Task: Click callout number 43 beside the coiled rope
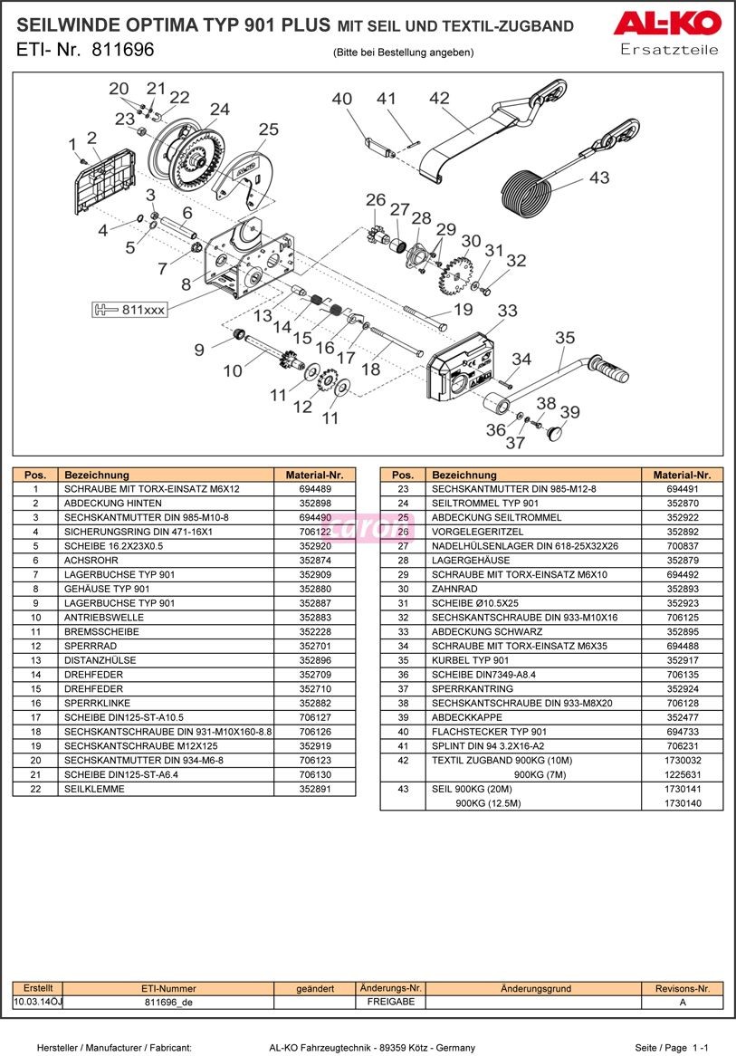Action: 599,178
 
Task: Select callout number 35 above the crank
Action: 565,338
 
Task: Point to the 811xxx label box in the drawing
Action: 129,310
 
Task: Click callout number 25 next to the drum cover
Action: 268,130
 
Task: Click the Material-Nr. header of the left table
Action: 314,475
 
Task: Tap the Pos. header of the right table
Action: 403,475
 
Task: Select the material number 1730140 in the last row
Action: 682,803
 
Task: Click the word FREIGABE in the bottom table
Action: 391,1003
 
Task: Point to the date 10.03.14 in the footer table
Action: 32,1003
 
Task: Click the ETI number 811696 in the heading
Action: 123,49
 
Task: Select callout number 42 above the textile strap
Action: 440,98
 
